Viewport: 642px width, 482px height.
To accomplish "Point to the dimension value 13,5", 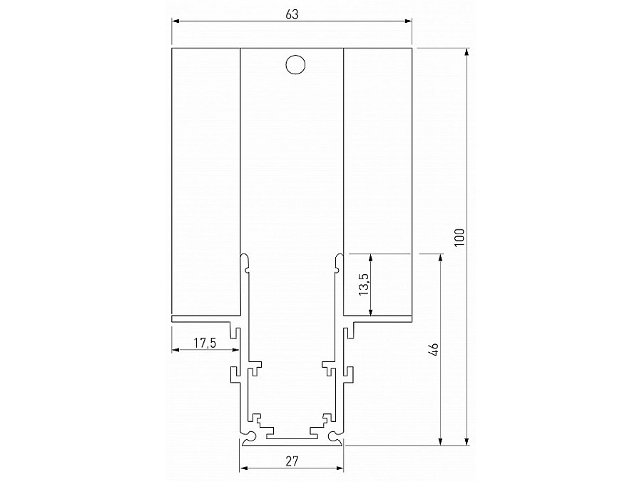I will [363, 284].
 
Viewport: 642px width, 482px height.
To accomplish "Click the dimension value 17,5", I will [205, 343].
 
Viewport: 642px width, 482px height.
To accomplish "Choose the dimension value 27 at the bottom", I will [291, 461].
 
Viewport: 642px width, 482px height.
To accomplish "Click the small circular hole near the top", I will [294, 64].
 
